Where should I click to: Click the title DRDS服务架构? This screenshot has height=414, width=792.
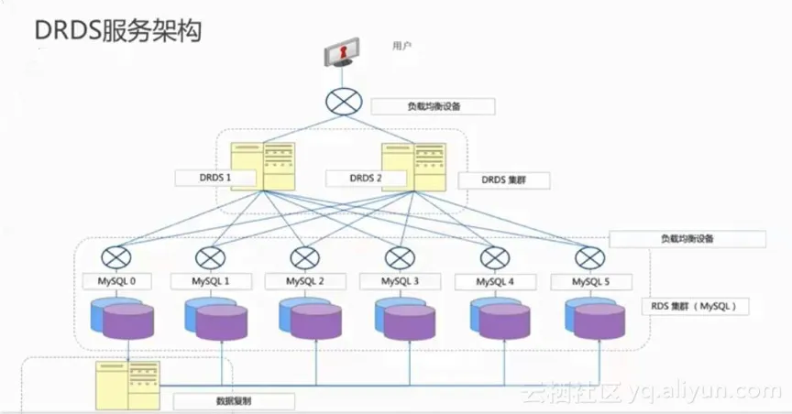point(118,30)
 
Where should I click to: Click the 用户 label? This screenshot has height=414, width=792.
point(401,45)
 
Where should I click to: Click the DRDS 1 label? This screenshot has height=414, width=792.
point(215,178)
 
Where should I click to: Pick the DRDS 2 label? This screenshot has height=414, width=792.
point(366,178)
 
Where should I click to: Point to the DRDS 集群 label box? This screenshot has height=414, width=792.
point(503,180)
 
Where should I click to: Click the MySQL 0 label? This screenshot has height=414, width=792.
point(116,281)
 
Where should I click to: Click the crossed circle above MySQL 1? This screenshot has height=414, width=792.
point(210,257)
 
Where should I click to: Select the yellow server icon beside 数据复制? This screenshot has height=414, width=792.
point(128,384)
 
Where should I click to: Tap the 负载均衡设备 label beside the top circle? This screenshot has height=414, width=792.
point(434,106)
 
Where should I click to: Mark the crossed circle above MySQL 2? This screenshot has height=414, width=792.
point(304,257)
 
